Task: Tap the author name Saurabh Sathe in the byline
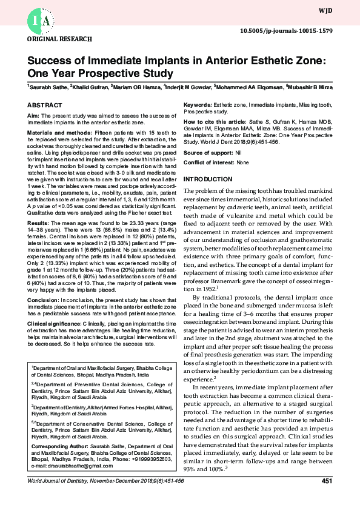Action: point(48,87)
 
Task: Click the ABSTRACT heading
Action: point(45,105)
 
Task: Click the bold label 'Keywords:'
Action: point(198,106)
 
